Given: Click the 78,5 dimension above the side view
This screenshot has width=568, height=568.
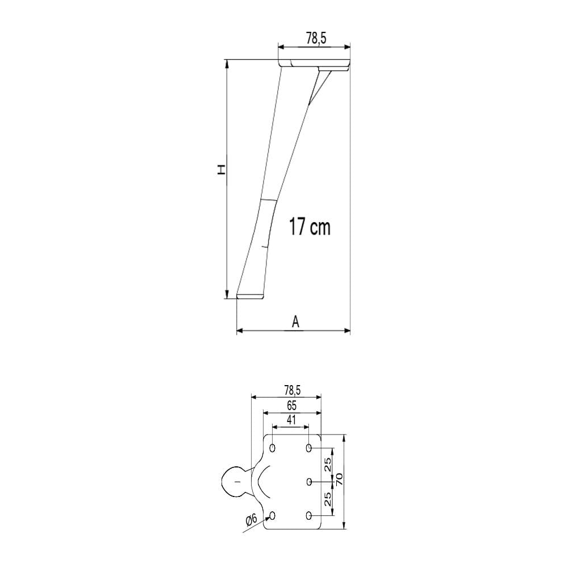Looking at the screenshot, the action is coord(316,37).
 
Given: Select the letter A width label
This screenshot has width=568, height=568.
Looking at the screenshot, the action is coord(295,321).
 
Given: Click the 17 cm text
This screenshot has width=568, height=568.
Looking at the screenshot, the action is coord(310,227).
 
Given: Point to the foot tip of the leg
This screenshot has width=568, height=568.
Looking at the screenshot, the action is coord(250,296).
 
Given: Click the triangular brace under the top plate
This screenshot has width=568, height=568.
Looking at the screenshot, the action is coord(318,86).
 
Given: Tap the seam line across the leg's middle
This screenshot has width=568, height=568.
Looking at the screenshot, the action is coord(269,199).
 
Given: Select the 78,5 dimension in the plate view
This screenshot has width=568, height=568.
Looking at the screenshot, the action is coord(293,391).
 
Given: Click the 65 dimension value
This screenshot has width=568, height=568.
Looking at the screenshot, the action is coord(291,406).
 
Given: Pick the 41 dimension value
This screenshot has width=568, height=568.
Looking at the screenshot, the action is coord(291,420).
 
